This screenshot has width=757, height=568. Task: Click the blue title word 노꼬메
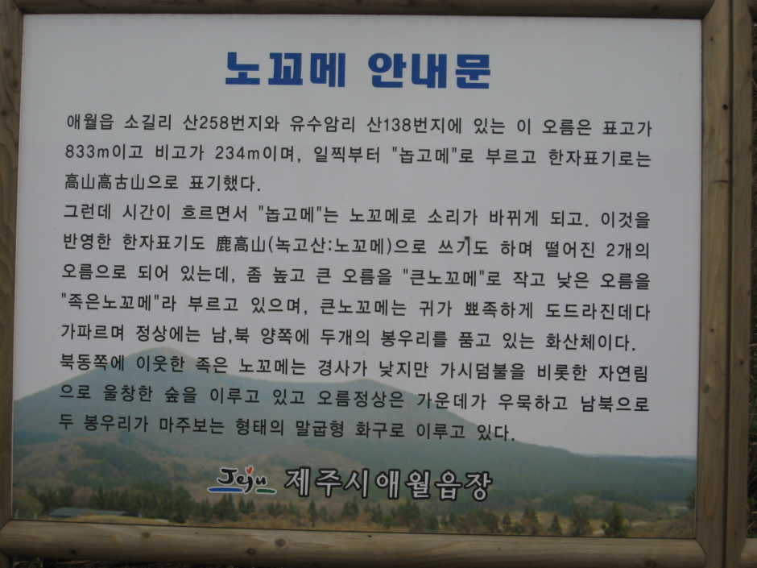pyautogui.click(x=286, y=69)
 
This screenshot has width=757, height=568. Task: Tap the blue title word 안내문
pyautogui.click(x=429, y=71)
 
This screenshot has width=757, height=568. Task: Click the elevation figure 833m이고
pyautogui.click(x=104, y=151)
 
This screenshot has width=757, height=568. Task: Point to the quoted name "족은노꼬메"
pyautogui.click(x=110, y=302)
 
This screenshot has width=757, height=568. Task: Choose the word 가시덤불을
pyautogui.click(x=482, y=371)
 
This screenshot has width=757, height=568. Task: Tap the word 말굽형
pyautogui.click(x=320, y=428)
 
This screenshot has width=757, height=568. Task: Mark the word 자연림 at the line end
pyautogui.click(x=623, y=372)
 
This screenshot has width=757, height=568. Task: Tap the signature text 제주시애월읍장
pyautogui.click(x=388, y=483)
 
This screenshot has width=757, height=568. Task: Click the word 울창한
pyautogui.click(x=128, y=394)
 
